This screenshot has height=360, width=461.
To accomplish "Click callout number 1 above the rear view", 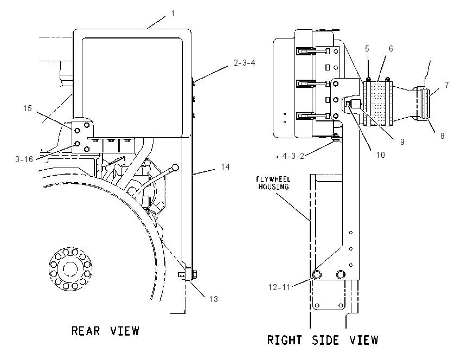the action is coord(173,14).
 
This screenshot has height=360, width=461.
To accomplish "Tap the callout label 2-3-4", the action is coord(244,62).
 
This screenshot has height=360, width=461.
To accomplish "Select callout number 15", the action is coord(28,108).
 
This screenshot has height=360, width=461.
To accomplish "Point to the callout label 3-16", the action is coord(24,159).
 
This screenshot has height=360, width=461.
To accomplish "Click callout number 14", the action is coord(225,167).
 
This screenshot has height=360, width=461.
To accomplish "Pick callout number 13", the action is coord(214,299).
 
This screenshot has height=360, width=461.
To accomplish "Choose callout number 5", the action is coord(367,48).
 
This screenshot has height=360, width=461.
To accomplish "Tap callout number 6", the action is coord(390,48).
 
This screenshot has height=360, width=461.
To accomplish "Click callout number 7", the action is coord(446,85).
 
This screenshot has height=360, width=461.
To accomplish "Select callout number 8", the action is coord(442,136).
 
